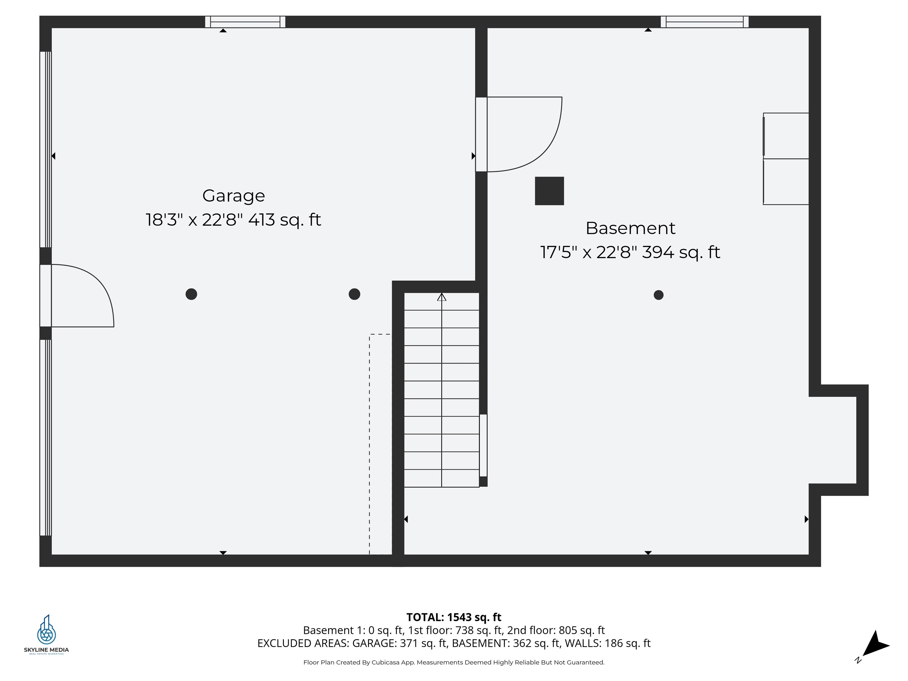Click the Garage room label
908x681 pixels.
pyautogui.click(x=233, y=196)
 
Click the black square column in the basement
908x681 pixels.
pyautogui.click(x=549, y=191)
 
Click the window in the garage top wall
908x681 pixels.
pyautogui.click(x=245, y=22)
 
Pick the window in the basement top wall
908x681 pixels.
pyautogui.click(x=704, y=22)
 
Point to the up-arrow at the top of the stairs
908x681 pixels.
pyautogui.click(x=441, y=297)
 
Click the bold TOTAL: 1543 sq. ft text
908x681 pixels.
pyautogui.click(x=454, y=617)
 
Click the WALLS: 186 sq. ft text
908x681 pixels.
pyautogui.click(x=607, y=643)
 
